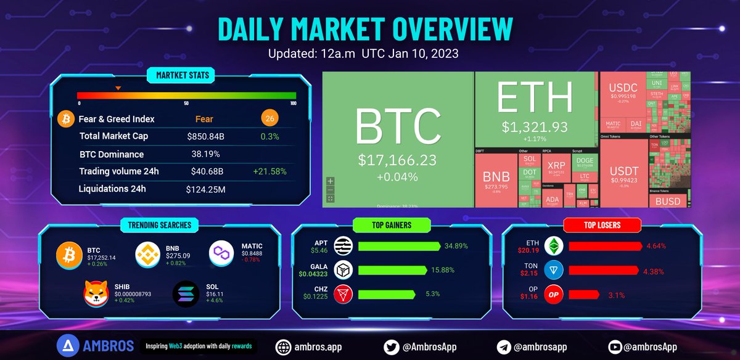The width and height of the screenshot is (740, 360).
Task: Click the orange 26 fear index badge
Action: [x=269, y=119]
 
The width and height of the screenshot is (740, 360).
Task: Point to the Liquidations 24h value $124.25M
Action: [x=205, y=189]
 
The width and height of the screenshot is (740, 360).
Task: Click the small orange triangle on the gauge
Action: [x=118, y=88]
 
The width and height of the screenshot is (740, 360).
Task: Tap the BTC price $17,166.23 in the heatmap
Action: [x=397, y=160]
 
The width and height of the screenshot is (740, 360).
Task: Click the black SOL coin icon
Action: [x=186, y=294]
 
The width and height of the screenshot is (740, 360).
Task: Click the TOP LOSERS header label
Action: [x=602, y=224]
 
